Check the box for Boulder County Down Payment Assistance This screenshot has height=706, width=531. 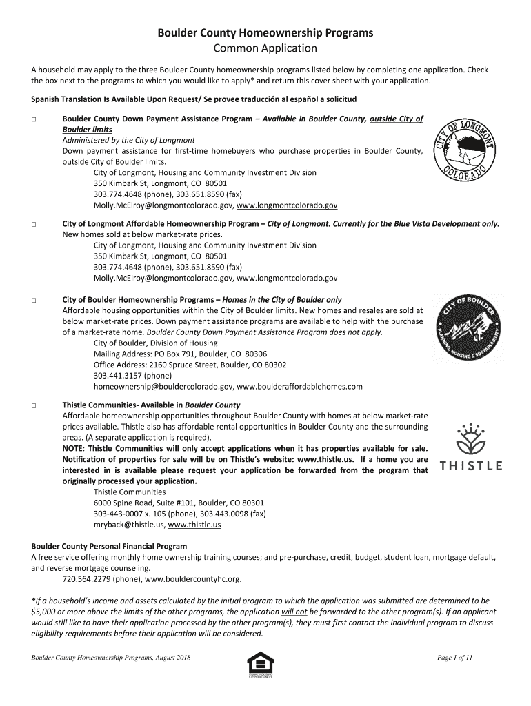coord(34,119)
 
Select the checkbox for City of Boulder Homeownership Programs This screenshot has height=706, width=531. coord(34,301)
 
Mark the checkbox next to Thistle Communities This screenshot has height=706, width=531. coord(34,405)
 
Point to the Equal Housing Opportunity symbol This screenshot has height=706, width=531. coord(260,665)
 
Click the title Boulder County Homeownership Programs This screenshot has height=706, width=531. coord(265,32)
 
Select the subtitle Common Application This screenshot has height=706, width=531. coord(265,48)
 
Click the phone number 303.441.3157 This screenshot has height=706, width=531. coord(114,376)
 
